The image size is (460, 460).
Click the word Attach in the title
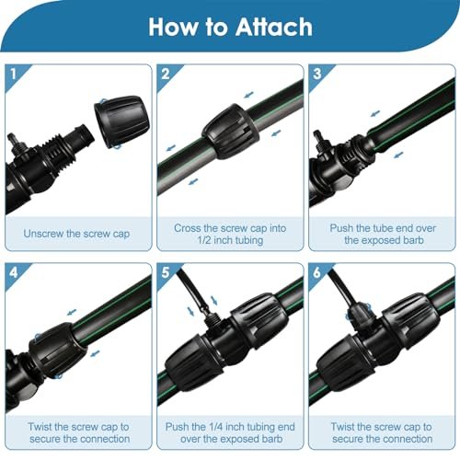274,27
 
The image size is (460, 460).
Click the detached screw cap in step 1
122,121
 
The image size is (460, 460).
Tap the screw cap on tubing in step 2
231,131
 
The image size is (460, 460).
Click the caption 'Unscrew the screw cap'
76,234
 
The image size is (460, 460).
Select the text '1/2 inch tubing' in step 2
230,240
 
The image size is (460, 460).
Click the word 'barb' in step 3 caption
413,240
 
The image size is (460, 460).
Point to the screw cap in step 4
57,351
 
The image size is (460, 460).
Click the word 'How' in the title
173,27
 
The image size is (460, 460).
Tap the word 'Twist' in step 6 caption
342,427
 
